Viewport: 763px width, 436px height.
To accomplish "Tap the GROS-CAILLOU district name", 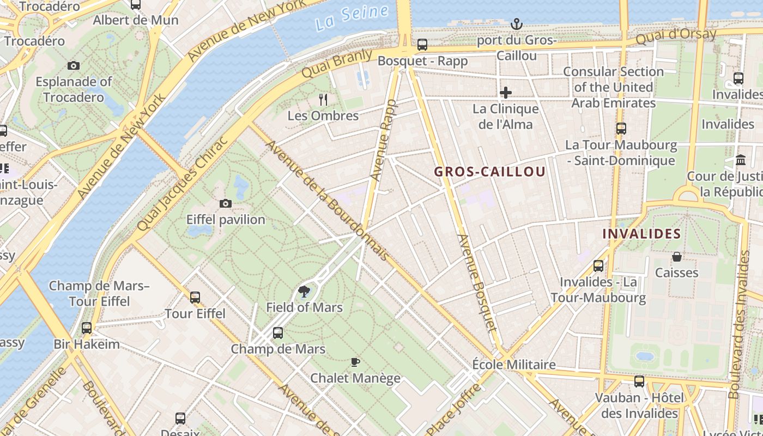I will coord(489,172).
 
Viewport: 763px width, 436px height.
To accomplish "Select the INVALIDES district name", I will coord(641,234).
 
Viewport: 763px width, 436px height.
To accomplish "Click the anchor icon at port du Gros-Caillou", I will coord(516,24).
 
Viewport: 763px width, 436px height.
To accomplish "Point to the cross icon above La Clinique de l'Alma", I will coord(506,93).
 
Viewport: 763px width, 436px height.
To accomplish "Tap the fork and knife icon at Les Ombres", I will coord(323,99).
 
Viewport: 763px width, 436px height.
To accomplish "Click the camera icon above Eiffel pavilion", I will coord(226,204).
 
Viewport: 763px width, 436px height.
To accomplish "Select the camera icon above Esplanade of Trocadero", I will coord(74,66).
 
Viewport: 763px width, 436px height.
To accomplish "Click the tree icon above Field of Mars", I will coord(304,292).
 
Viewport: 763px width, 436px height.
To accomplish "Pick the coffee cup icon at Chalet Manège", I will coord(355,362).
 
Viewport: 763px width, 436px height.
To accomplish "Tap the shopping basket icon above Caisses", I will coord(677,257).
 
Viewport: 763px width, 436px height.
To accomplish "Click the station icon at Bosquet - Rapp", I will coord(422,45).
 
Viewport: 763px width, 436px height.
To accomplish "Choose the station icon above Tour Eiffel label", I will coord(195,298).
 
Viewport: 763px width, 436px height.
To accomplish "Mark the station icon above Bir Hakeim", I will coord(87,328).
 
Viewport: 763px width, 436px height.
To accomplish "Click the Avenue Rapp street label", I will coord(384,141).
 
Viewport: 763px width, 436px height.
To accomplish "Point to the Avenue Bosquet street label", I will coord(477,283).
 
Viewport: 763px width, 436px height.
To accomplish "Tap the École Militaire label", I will coord(513,365).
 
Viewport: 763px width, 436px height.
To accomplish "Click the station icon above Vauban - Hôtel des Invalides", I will coord(639,381).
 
